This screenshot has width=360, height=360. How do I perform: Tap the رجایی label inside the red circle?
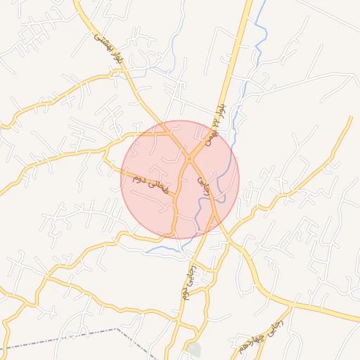tap(203, 186)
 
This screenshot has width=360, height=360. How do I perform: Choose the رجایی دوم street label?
tap(188, 283)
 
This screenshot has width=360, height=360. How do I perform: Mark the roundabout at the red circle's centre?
tap(189, 159)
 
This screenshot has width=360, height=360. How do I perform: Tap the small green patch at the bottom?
tap(194, 349)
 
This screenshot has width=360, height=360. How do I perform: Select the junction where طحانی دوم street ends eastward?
tap(176, 196)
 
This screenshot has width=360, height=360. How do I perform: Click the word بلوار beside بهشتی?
tap(115, 62)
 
